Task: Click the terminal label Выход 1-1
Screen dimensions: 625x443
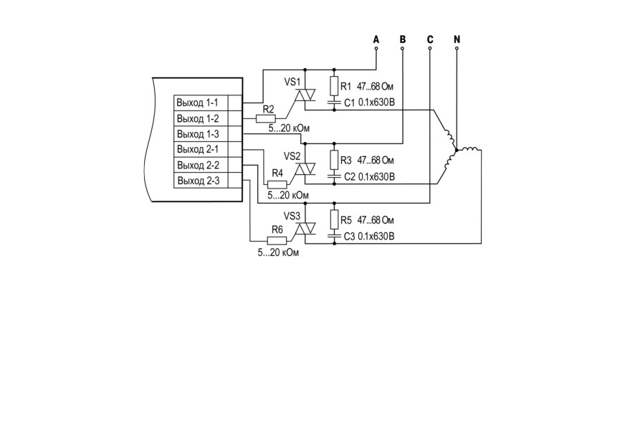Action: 197,103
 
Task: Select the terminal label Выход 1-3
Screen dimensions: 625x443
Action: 198,133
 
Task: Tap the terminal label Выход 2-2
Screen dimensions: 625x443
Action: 198,165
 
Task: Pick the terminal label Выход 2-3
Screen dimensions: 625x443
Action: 198,180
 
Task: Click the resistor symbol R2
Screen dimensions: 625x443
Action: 265,118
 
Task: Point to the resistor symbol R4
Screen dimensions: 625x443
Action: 277,184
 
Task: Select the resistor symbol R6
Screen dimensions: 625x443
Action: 277,240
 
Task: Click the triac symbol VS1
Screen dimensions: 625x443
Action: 305,95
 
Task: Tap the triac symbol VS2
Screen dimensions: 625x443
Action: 305,169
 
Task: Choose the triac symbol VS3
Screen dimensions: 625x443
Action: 305,229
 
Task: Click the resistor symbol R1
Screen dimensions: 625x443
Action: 334,86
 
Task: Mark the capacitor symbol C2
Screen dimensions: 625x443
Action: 334,176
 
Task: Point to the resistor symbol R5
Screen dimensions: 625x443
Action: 334,219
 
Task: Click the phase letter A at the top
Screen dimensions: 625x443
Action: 376,39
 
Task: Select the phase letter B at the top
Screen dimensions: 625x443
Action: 403,39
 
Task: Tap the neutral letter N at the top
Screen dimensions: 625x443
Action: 457,39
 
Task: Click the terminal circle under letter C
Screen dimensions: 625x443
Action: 430,48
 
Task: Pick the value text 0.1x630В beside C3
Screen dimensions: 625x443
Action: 376,237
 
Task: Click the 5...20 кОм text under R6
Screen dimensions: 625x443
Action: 278,252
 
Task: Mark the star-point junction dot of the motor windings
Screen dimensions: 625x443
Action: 457,150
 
